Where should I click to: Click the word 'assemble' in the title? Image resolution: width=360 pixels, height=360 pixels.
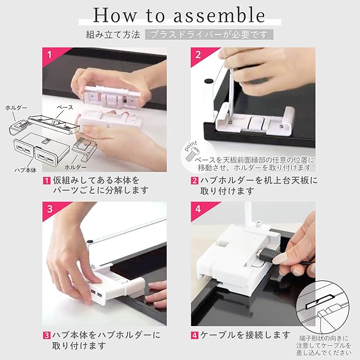(219, 15)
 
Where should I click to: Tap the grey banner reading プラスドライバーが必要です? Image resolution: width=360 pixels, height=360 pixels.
(209, 34)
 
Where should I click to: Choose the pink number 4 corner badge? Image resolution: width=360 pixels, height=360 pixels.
(201, 209)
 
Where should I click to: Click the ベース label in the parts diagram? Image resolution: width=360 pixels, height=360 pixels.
(65, 107)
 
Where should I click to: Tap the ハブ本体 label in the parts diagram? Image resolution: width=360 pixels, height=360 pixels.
(25, 170)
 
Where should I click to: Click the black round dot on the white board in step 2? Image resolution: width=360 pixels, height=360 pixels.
(208, 81)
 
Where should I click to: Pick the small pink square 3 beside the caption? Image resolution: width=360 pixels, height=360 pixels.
(47, 336)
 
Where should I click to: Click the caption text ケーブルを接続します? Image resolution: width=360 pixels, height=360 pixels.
(245, 335)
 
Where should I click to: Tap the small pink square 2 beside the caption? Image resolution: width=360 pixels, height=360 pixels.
(195, 181)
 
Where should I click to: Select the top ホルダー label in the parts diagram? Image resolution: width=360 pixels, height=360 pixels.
(16, 108)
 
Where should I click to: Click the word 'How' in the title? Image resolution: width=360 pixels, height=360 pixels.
(115, 15)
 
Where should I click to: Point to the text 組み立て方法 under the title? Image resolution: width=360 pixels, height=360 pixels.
(113, 34)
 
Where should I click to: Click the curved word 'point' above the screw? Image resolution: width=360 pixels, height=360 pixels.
(191, 146)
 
